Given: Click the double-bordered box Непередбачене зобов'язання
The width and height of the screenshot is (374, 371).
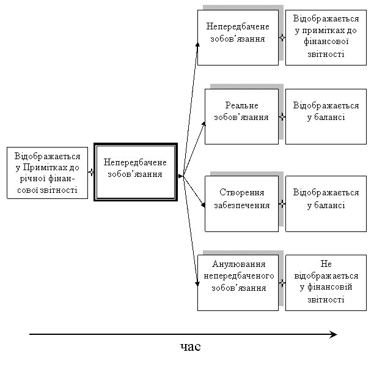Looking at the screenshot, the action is [136, 172].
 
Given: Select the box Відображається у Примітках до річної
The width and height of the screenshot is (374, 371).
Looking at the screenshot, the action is [47, 173].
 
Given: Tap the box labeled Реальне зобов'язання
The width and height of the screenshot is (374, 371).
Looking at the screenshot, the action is [241, 116].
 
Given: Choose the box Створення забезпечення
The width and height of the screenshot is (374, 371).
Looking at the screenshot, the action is [241, 204].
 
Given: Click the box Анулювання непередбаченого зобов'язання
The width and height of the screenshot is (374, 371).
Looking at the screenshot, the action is [238, 283].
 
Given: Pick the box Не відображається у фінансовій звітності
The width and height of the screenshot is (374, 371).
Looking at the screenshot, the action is [326, 283].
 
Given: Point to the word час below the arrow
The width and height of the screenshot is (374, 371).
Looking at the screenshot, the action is [190, 347].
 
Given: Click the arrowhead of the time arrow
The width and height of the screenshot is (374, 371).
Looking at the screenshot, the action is [334, 334].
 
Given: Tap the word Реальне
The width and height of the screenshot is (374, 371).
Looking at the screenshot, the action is [241, 105].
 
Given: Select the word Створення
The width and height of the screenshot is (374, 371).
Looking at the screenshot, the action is [241, 192].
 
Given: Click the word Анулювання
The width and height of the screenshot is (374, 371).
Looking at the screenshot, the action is [238, 264].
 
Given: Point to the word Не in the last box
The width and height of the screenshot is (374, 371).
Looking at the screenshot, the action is [326, 264].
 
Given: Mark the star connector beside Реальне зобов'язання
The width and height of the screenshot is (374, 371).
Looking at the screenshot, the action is [282, 117].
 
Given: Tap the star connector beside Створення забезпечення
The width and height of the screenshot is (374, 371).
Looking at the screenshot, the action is [282, 204].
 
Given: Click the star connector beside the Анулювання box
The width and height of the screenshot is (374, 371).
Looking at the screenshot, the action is [282, 283].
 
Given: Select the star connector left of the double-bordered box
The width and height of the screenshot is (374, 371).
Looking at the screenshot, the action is [91, 172].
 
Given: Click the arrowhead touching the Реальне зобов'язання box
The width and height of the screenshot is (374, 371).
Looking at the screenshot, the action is [204, 124].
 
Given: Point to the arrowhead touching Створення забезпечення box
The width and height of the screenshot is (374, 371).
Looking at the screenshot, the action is [204, 205].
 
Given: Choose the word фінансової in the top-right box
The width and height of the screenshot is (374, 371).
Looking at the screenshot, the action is [326, 42].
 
